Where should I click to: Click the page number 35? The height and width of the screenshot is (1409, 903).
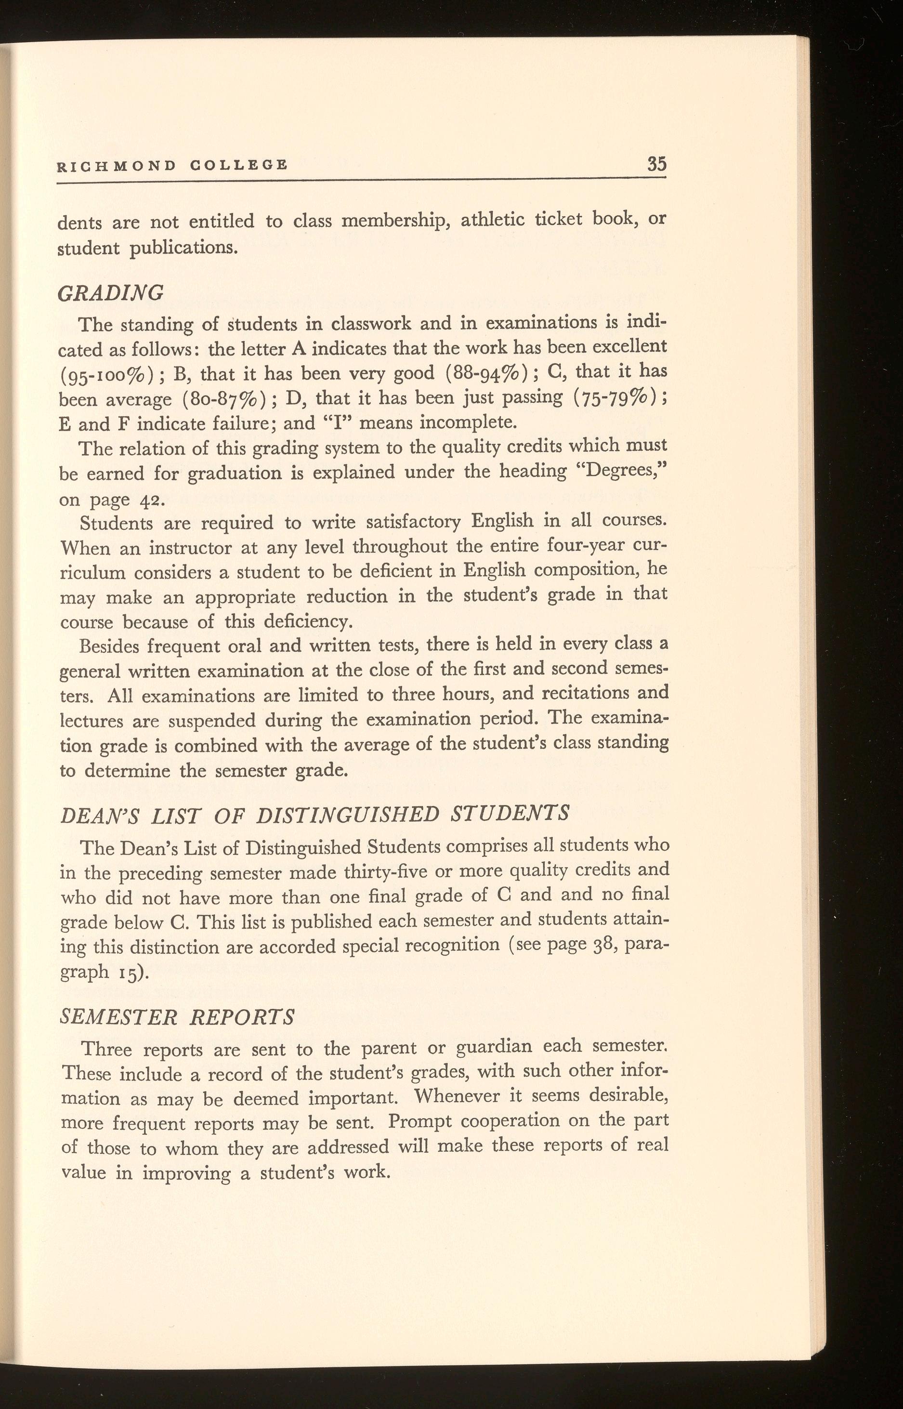click(656, 164)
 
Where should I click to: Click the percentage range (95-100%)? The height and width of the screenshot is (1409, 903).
click(107, 375)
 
